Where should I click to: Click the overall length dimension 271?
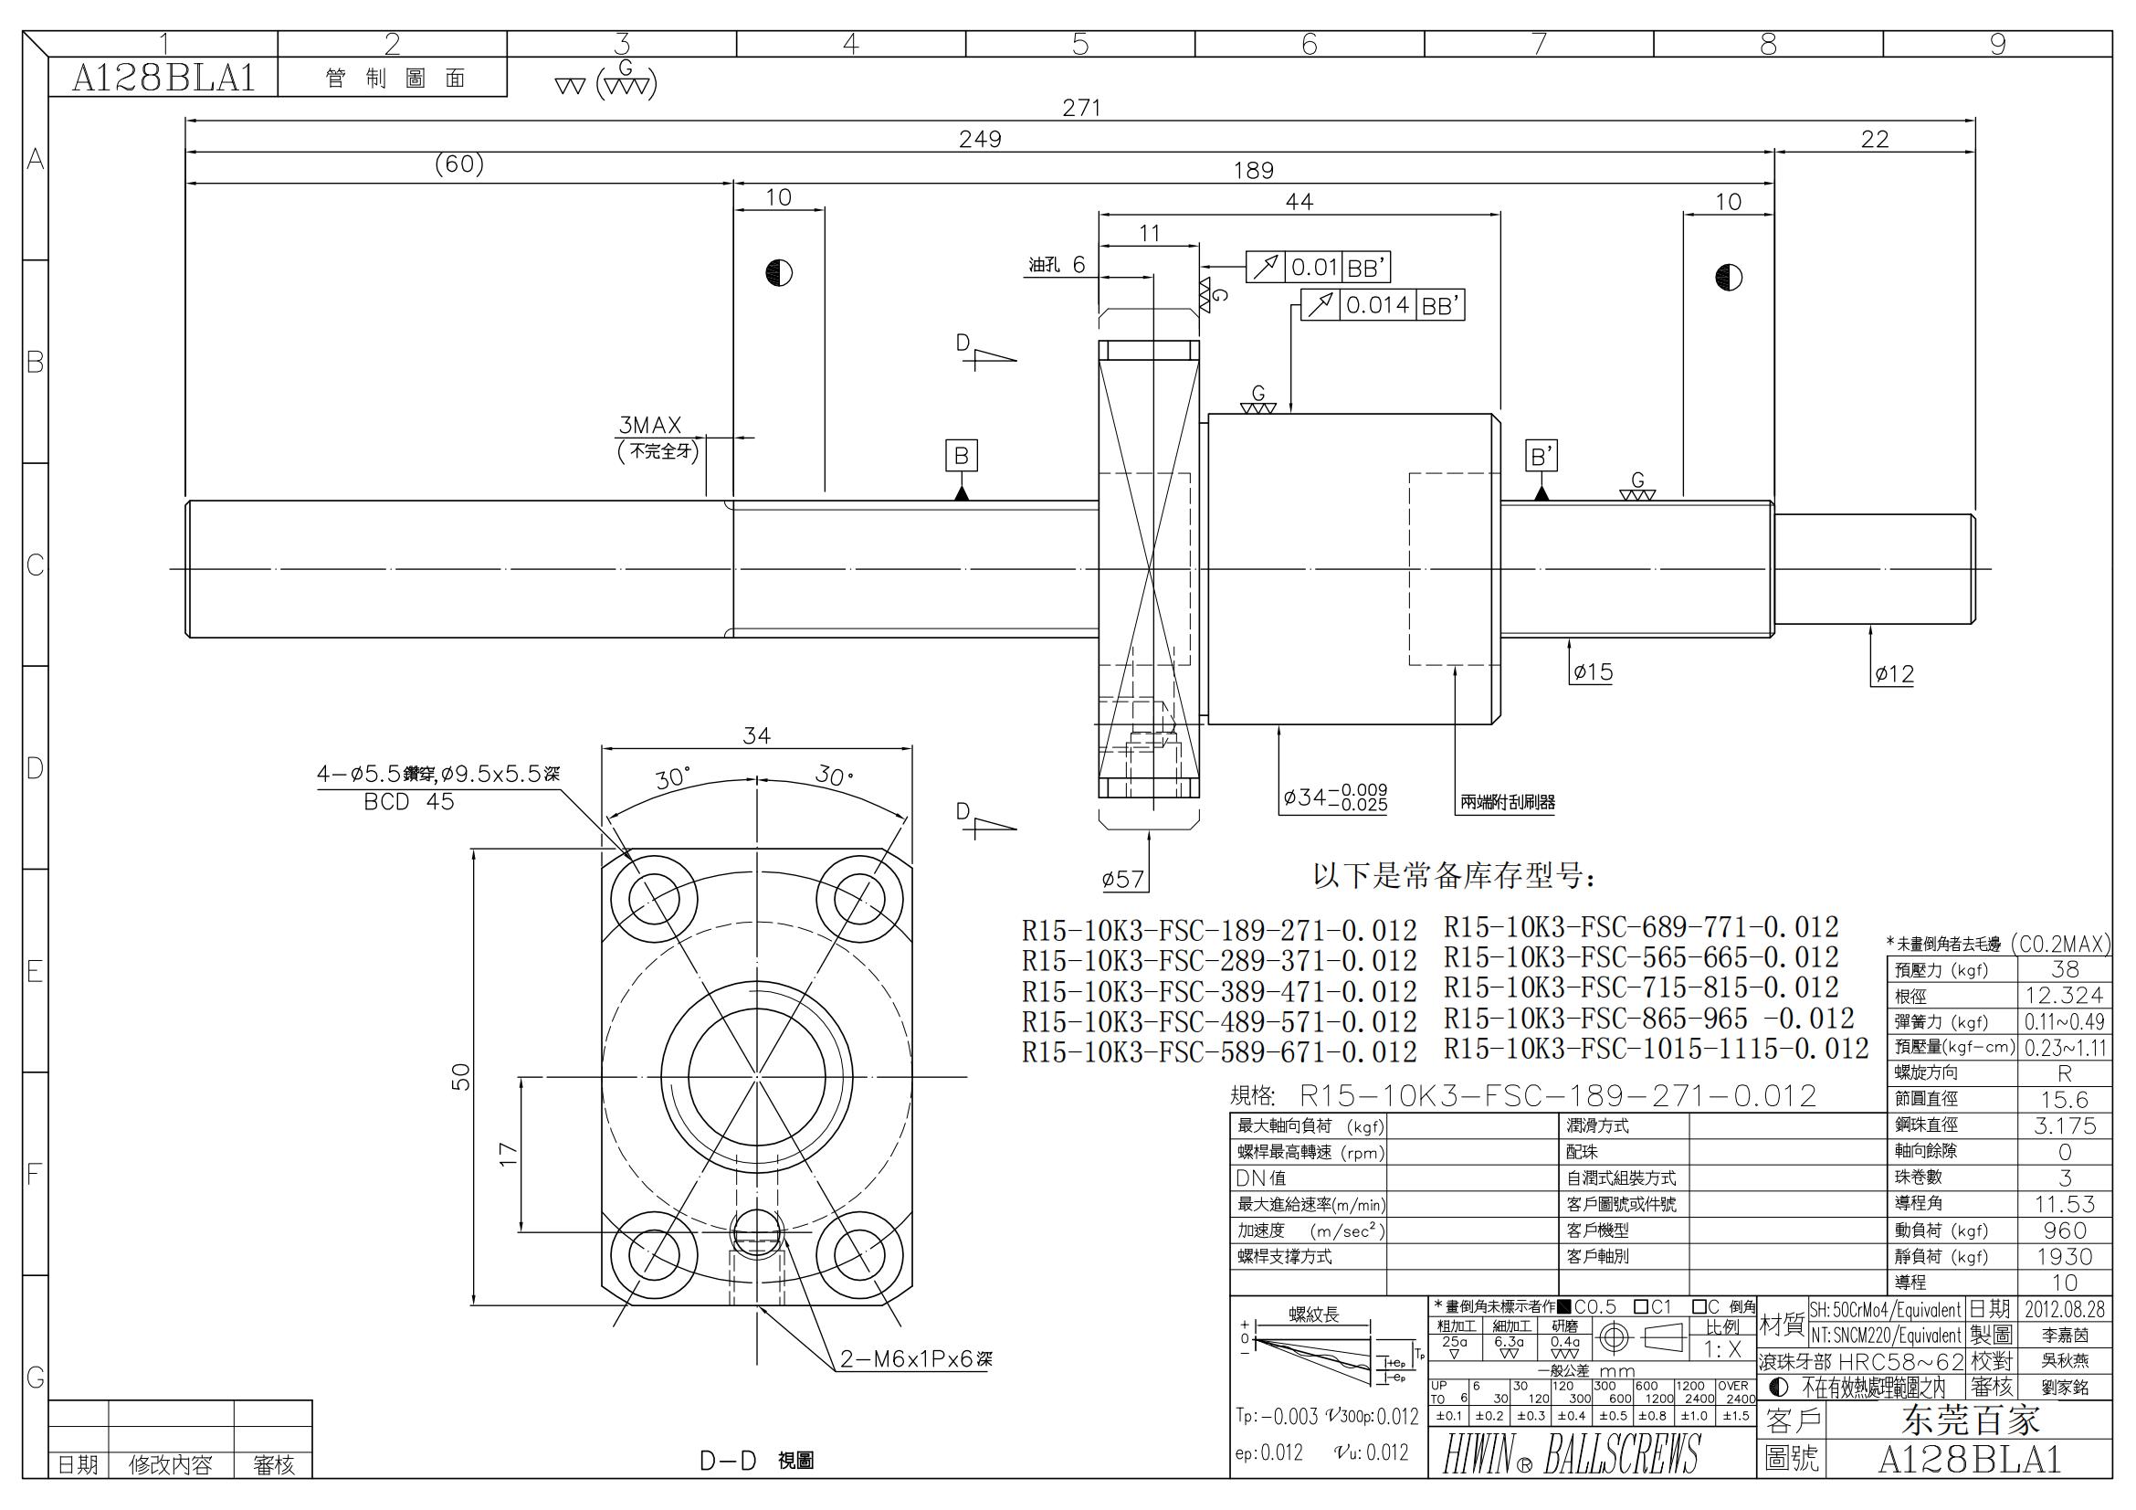(1081, 108)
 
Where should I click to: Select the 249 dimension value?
(980, 140)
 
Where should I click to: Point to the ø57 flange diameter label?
(1122, 879)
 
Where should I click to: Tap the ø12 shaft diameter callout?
(1893, 674)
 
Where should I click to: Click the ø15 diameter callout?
(1592, 671)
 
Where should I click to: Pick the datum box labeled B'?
(1541, 456)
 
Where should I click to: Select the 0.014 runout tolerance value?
(1377, 305)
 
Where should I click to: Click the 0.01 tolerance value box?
(1313, 268)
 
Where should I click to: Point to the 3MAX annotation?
(650, 425)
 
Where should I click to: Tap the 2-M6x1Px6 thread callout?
(915, 1359)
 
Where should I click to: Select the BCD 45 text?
(408, 802)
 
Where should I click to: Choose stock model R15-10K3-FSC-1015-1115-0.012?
(1656, 1049)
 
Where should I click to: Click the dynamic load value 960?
(2065, 1230)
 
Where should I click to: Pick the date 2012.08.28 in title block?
(2064, 1309)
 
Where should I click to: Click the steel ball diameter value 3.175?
(2065, 1125)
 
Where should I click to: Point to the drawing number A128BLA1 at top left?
(163, 79)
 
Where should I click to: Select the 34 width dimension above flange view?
(756, 736)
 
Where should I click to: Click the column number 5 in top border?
(1080, 44)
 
